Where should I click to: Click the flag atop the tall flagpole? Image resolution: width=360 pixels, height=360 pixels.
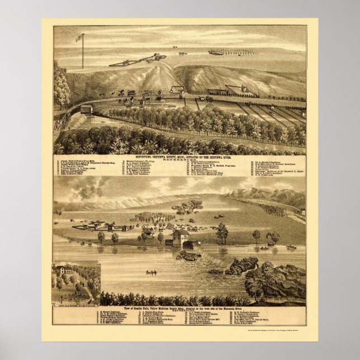point(79,37)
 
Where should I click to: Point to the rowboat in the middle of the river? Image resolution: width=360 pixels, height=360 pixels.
point(151,272)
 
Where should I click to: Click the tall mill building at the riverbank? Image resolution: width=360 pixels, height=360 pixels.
point(180,238)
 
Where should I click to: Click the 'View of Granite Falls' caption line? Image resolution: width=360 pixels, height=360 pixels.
point(179,309)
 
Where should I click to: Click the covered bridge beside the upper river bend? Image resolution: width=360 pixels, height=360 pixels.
point(86,108)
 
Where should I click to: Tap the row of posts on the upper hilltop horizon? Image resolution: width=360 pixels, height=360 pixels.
point(233,53)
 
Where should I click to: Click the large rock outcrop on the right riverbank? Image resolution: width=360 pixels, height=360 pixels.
point(280,277)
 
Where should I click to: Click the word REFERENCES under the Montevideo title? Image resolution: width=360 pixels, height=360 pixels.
point(179,160)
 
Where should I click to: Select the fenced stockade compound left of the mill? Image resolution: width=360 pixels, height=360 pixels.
point(103,227)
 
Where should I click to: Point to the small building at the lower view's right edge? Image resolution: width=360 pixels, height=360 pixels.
point(302,212)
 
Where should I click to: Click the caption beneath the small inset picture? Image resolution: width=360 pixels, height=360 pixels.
point(76,305)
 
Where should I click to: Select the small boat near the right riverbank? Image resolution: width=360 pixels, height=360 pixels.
point(291,247)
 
